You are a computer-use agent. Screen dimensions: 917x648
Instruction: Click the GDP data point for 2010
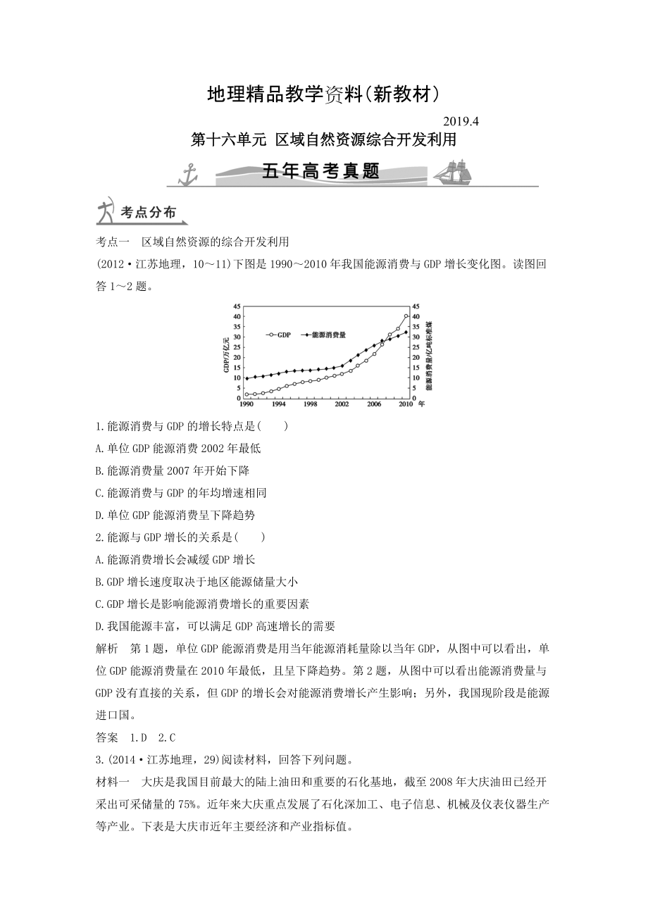click(406, 316)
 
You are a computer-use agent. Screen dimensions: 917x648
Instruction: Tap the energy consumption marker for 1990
click(247, 378)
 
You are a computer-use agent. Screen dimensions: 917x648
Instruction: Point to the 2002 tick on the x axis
click(342, 404)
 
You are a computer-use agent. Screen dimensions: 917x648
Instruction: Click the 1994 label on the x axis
click(278, 404)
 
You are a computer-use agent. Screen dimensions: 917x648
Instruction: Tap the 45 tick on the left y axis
click(237, 306)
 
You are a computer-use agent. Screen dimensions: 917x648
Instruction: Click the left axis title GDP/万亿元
click(226, 352)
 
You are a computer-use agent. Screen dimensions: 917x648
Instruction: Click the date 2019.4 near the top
click(463, 121)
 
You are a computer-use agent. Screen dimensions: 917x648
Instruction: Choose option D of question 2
click(216, 625)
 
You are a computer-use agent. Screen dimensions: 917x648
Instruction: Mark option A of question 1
click(177, 448)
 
